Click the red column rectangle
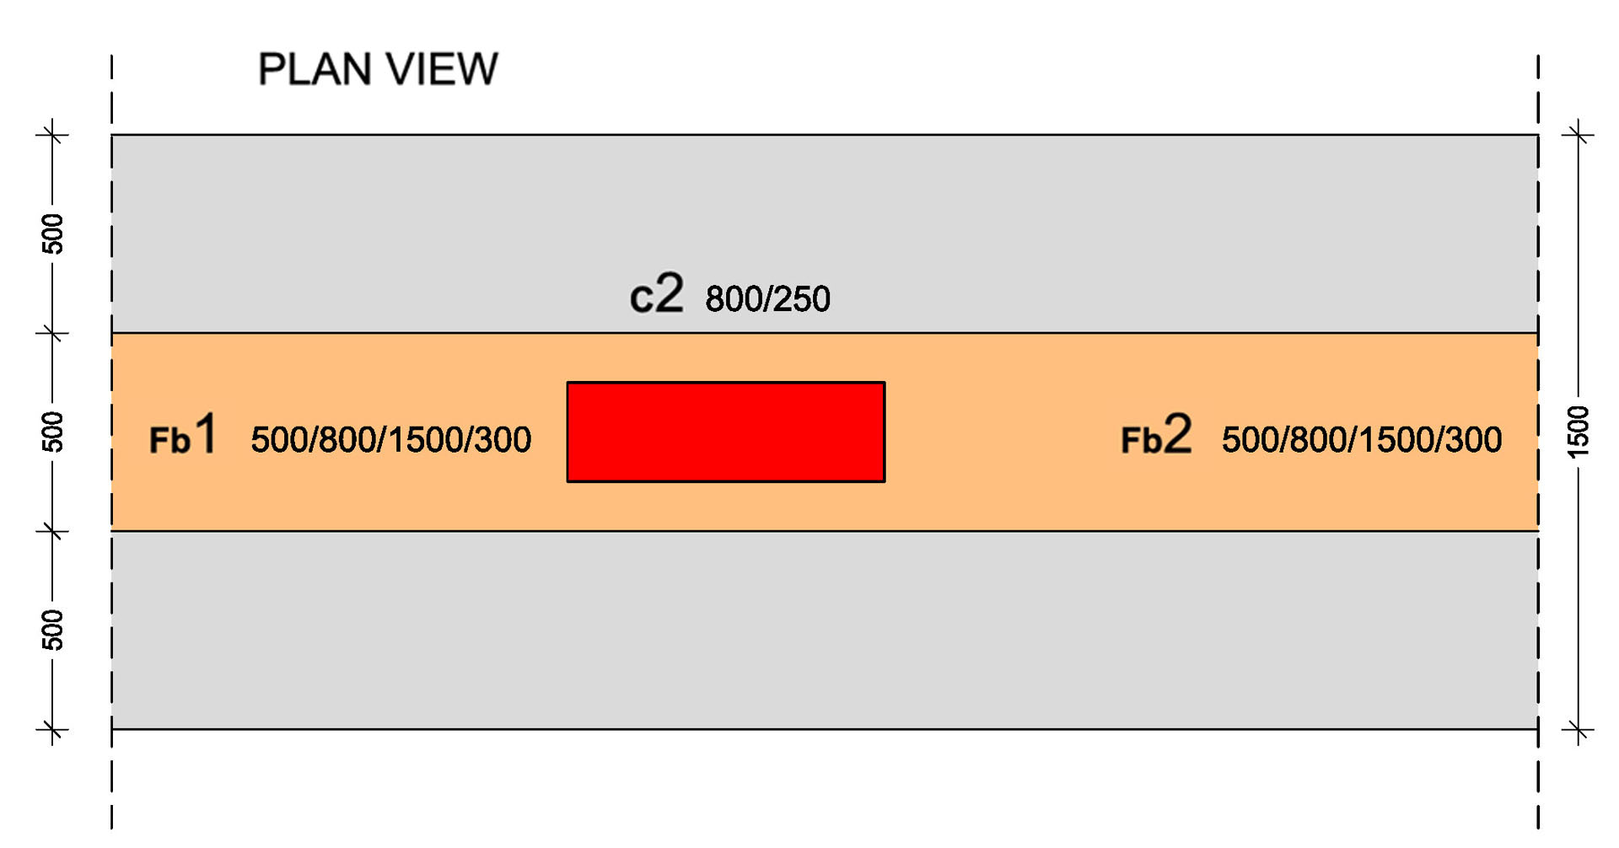(725, 432)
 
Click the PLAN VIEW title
(377, 69)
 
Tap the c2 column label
(656, 295)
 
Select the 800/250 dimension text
(767, 299)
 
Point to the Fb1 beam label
(183, 435)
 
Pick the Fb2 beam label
(1155, 435)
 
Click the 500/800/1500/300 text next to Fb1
(391, 440)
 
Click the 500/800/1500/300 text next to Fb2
(1361, 440)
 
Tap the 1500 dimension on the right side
(1578, 432)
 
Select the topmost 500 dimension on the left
(52, 233)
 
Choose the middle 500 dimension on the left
(52, 432)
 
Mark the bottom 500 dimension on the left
(52, 630)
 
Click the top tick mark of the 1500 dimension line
(1578, 133)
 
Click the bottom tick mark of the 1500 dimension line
(1578, 729)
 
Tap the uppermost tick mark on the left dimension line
(52, 133)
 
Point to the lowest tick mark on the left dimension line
(52, 729)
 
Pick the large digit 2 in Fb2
(1177, 433)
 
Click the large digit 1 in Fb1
(206, 433)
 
